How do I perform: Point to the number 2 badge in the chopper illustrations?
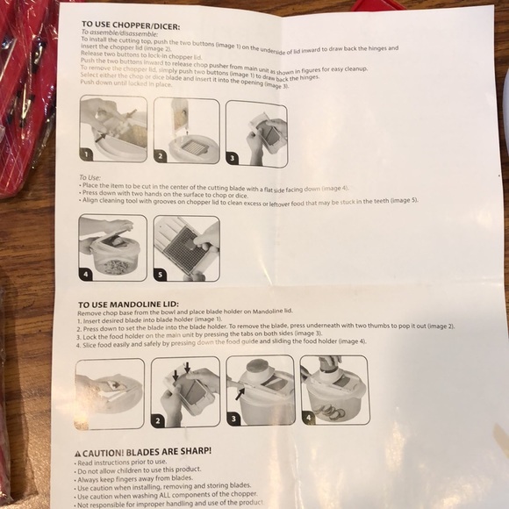point(161,157)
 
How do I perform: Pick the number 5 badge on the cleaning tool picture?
point(159,273)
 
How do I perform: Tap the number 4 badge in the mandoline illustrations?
point(308,418)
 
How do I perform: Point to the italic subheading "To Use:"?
point(90,178)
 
